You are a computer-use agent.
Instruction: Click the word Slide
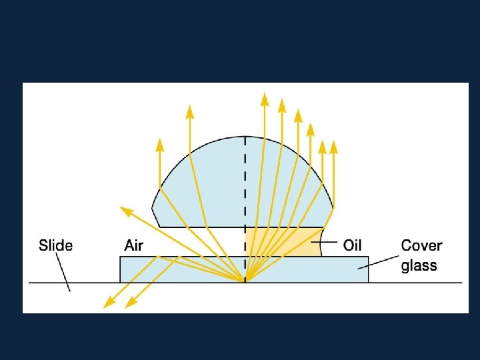(55, 245)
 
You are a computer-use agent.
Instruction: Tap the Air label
(133, 245)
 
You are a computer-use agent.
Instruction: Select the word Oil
(352, 245)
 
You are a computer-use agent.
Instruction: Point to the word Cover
(421, 245)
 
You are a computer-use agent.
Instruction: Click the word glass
(419, 265)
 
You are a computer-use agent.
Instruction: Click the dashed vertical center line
(245, 187)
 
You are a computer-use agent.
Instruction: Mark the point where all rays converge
(245, 280)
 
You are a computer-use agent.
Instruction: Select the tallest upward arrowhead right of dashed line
(265, 99)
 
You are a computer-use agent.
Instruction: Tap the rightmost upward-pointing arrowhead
(334, 146)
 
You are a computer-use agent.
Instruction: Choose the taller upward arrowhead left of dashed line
(190, 111)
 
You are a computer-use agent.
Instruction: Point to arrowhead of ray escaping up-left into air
(125, 211)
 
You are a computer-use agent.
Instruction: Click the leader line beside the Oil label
(323, 243)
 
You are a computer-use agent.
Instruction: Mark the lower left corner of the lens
(159, 227)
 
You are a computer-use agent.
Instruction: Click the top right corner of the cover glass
(368, 257)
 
